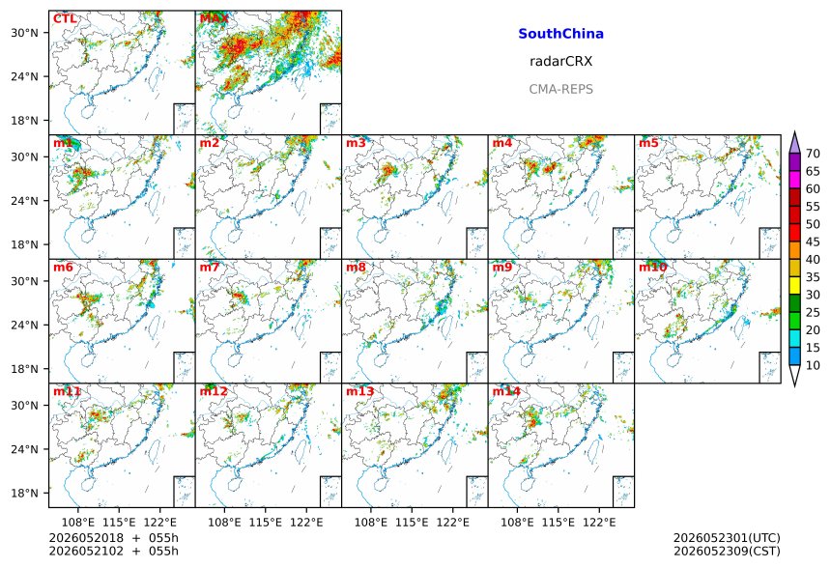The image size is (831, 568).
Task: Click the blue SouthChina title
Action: coord(560,34)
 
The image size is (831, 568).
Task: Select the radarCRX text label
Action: coord(560,62)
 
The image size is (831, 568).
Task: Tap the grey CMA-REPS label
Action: coord(560,89)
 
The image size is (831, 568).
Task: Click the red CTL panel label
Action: coord(65,18)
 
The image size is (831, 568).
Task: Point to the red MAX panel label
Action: coord(214,18)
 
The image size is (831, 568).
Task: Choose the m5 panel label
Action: coord(648,143)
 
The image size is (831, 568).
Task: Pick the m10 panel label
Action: coord(652,267)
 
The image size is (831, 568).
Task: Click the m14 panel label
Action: coord(506,391)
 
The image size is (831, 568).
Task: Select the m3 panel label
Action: coord(356,143)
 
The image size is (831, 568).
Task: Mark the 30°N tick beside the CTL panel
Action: coord(25,33)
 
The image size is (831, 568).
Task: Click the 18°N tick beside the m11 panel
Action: coord(25,494)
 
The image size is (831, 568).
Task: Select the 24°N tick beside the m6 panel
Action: coord(25,325)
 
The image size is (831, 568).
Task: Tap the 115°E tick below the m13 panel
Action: coord(412,523)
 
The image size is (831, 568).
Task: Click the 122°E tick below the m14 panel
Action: coord(599,523)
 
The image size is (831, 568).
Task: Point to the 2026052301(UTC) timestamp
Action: coord(727,538)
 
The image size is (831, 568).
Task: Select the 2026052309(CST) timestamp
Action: coord(727,552)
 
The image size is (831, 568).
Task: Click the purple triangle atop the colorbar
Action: coord(794,143)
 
